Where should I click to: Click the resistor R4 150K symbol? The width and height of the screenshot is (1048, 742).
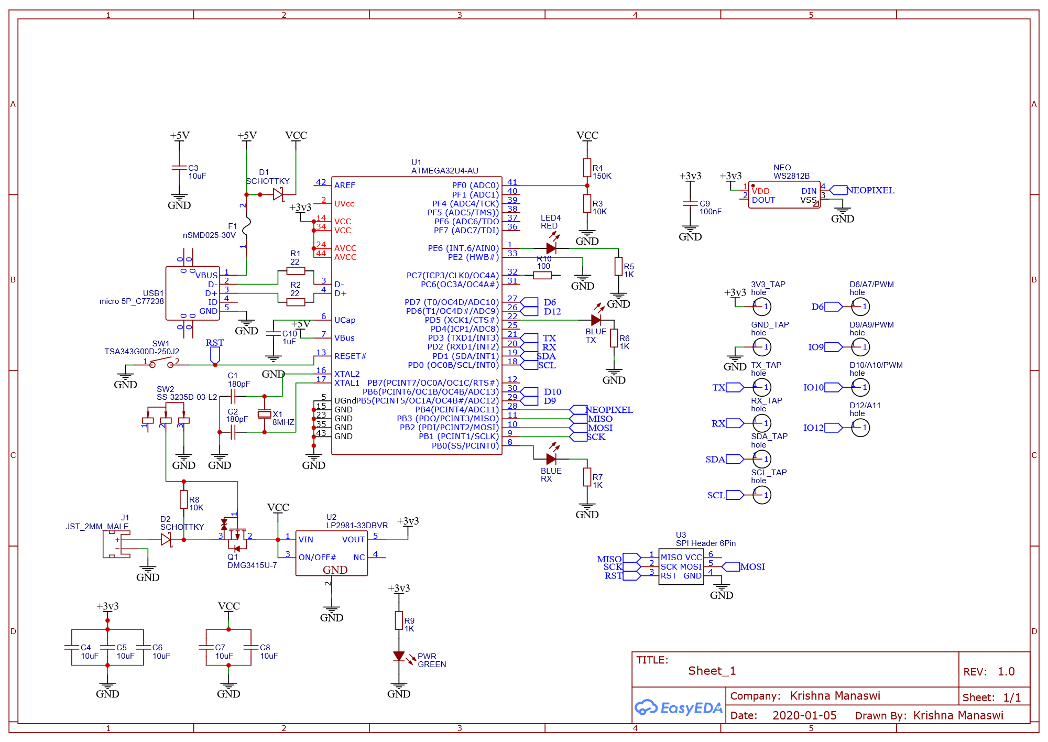pos(587,168)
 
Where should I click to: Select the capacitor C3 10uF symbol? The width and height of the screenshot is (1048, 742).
pos(179,168)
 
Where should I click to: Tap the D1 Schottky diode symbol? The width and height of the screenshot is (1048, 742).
pos(278,194)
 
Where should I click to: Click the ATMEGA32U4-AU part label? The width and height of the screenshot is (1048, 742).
pos(444,171)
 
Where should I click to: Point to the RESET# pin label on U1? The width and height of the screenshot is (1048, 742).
pos(350,356)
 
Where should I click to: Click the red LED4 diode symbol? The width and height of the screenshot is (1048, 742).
pos(551,248)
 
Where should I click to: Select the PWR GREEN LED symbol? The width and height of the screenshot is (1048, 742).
pos(399,657)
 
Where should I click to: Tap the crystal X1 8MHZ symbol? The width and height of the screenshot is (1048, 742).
pos(265,414)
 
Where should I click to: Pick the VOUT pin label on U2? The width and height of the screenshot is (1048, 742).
pos(353,540)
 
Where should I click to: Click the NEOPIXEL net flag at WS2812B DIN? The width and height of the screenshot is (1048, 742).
pos(838,190)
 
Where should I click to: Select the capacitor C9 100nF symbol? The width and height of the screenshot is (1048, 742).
pos(690,203)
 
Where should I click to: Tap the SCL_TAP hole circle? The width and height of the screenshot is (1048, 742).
pos(761,495)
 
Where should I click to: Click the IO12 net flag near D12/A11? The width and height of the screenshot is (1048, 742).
pos(833,428)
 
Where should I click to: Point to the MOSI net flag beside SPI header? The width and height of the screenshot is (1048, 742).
pos(731,566)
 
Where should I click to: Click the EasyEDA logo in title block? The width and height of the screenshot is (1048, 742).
pos(678,708)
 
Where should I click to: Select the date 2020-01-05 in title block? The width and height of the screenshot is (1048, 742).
pos(804,715)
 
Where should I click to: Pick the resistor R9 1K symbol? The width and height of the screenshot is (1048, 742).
pos(399,620)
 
